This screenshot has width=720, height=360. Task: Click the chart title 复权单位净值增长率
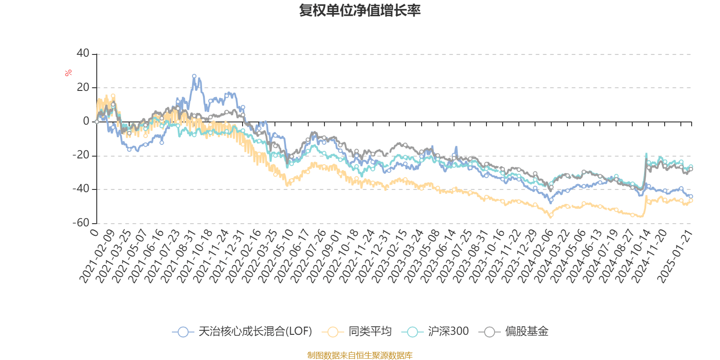coord(360,10)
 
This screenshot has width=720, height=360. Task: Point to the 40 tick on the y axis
coord(83,54)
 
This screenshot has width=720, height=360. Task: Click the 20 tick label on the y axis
coord(83,87)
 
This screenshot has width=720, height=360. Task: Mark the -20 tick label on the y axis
coord(81,155)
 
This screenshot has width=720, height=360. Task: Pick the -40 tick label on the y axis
coord(81,189)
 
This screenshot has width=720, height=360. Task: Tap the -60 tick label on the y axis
coord(81,223)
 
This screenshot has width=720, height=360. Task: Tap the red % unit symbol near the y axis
coord(68,73)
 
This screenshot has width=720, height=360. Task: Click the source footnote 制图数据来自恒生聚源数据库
coord(360,355)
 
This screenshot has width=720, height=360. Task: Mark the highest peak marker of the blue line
coord(194,76)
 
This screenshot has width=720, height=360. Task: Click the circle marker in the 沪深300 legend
coord(413,332)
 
